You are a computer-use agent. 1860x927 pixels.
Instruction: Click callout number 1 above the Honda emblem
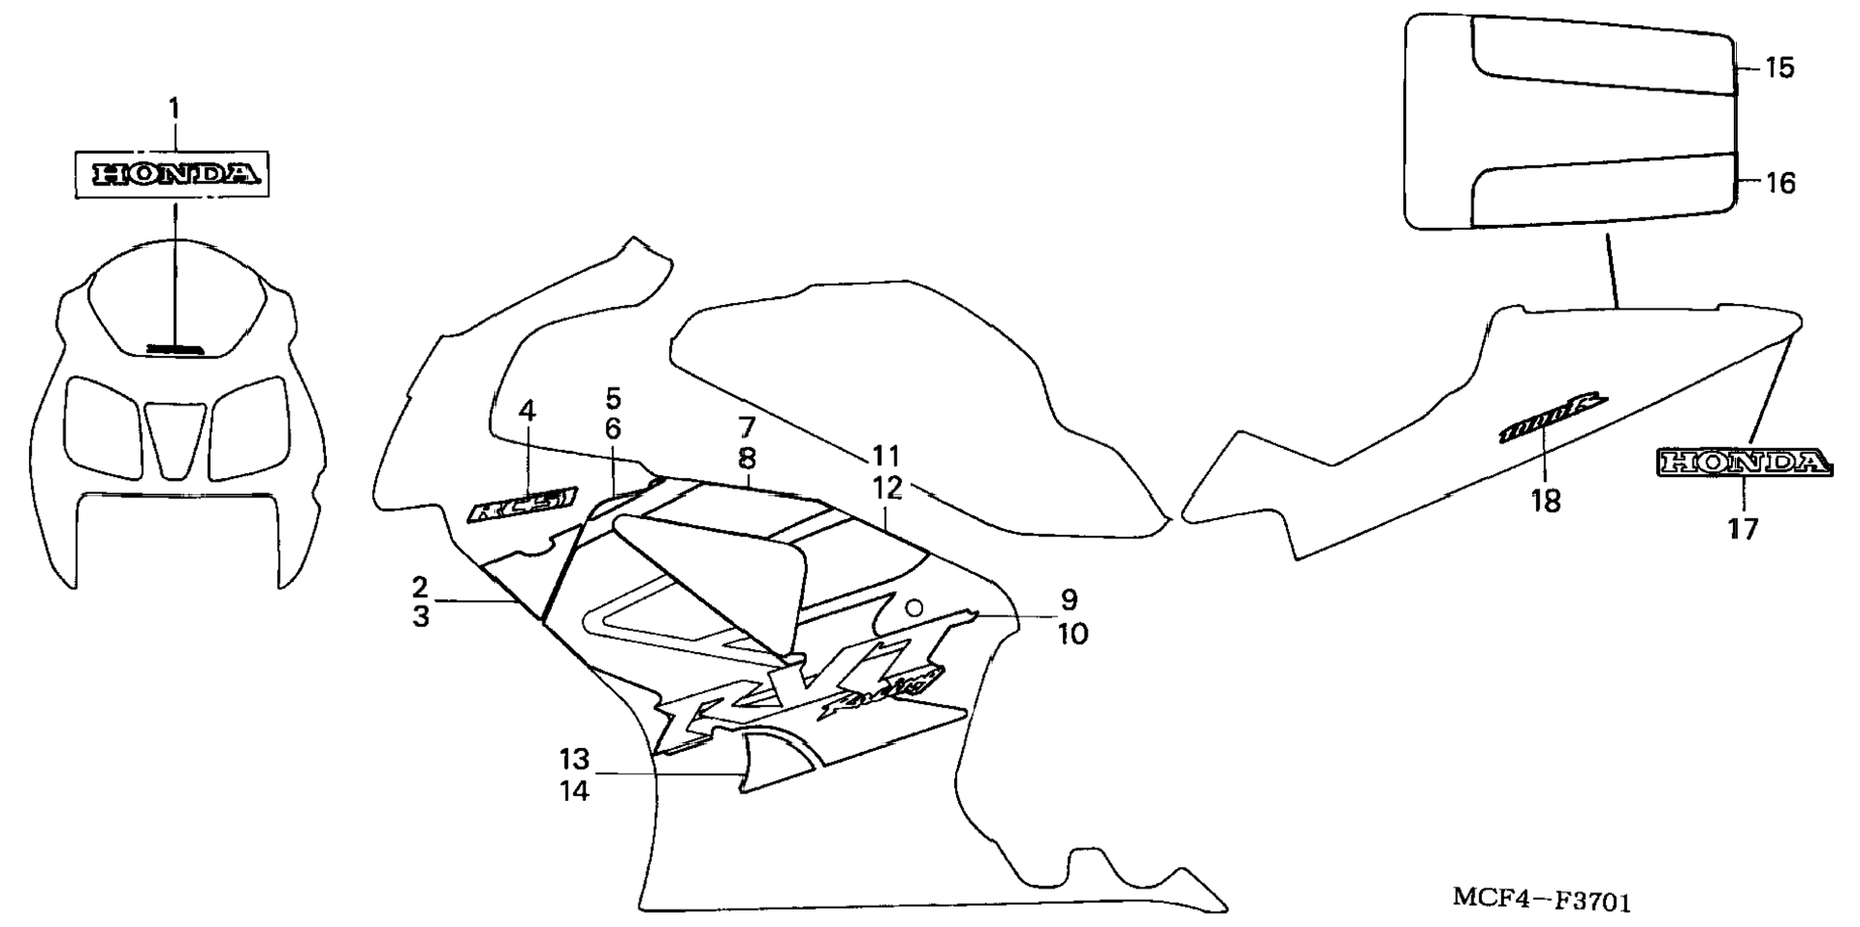(174, 110)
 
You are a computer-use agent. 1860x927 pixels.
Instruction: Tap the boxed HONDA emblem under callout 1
(174, 174)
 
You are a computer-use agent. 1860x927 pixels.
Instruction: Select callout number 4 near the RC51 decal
(527, 412)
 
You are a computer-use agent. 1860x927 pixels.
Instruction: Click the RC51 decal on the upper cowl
(522, 503)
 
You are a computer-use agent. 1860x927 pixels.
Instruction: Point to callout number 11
(885, 456)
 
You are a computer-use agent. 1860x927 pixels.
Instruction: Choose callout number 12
(888, 489)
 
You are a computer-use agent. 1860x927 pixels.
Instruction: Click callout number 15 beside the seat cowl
(1780, 68)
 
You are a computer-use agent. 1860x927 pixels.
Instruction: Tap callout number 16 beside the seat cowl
(1781, 184)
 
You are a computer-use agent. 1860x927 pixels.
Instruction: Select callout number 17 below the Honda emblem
(1743, 529)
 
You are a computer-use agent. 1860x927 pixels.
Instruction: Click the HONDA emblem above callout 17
(1744, 463)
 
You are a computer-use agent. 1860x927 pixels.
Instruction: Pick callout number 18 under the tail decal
(1546, 501)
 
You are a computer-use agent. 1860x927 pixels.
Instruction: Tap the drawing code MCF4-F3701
(1541, 901)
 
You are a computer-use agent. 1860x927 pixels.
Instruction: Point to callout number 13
(574, 760)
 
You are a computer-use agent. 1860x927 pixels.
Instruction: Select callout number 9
(1069, 600)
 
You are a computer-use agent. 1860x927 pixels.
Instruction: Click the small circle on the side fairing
(915, 608)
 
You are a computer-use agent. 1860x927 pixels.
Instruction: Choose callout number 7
(747, 428)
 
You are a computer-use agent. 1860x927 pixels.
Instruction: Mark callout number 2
(420, 587)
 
